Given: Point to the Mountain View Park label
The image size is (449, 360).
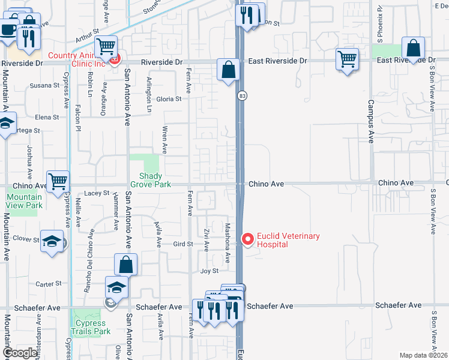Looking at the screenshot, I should (25, 201).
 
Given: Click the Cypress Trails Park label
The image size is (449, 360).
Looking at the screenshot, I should (91, 327).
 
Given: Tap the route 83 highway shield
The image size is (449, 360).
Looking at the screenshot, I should (242, 96).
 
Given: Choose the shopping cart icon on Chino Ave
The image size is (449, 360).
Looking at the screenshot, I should (58, 181).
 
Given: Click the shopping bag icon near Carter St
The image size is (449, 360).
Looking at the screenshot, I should (126, 264).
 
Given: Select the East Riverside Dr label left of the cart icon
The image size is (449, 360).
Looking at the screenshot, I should (277, 61).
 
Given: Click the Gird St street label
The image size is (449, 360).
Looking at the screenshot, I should (182, 244).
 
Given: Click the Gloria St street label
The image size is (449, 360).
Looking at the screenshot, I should (169, 99).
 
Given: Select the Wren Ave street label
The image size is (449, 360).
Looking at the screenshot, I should (164, 140).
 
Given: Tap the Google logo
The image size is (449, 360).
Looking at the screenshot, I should (20, 353).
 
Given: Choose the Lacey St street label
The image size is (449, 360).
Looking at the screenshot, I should (97, 193).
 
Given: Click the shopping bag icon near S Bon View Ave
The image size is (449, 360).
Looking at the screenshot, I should (414, 47).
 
